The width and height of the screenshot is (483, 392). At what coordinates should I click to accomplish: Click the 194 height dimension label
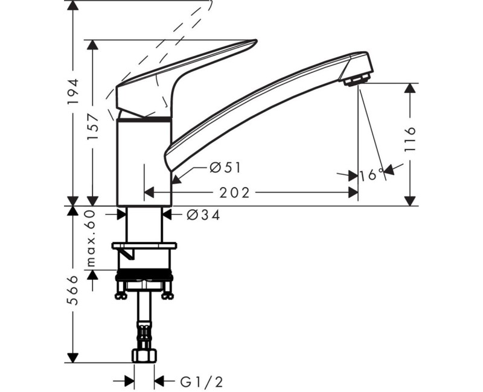coord(73,91)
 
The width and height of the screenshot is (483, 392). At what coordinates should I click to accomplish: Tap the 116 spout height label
coord(410,139)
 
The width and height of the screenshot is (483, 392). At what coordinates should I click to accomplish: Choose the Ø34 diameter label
coord(203,215)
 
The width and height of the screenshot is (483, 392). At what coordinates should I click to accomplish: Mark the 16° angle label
coord(371,175)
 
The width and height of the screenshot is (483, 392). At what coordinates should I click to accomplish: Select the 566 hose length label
coord(73,291)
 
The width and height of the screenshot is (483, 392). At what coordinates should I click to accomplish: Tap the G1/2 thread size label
coord(197,381)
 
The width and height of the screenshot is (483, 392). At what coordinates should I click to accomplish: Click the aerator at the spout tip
coord(356,79)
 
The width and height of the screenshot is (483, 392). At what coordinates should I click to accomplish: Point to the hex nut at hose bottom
coord(144,356)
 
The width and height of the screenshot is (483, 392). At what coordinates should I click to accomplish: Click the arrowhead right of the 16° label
coord(389,171)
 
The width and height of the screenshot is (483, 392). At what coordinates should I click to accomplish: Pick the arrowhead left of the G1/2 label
coord(129,381)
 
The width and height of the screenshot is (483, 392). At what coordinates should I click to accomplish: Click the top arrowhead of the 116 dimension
coord(410,87)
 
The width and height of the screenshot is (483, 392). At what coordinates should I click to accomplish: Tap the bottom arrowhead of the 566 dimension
coord(73,358)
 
